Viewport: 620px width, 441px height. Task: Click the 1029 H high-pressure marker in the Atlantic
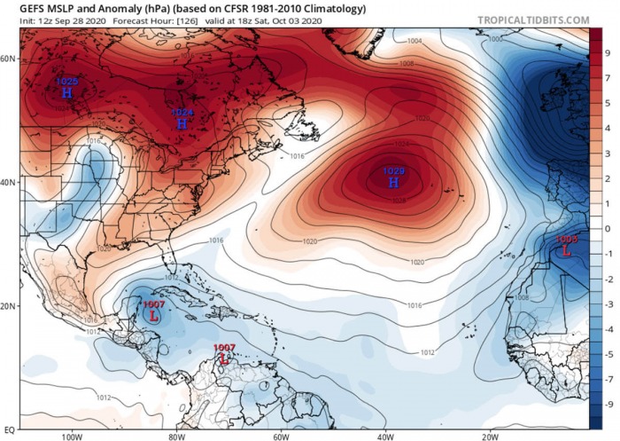[x=393, y=177]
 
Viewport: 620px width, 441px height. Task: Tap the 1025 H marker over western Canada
[x=66, y=87]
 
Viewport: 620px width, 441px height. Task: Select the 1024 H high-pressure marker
[x=182, y=119]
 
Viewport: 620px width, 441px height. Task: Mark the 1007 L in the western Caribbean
[x=154, y=311]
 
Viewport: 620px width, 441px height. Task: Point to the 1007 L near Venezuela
[x=224, y=354]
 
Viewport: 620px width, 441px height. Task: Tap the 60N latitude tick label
[x=8, y=59]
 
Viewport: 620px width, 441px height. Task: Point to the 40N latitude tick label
[x=8, y=183]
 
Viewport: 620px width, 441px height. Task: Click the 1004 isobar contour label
[x=415, y=41]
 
